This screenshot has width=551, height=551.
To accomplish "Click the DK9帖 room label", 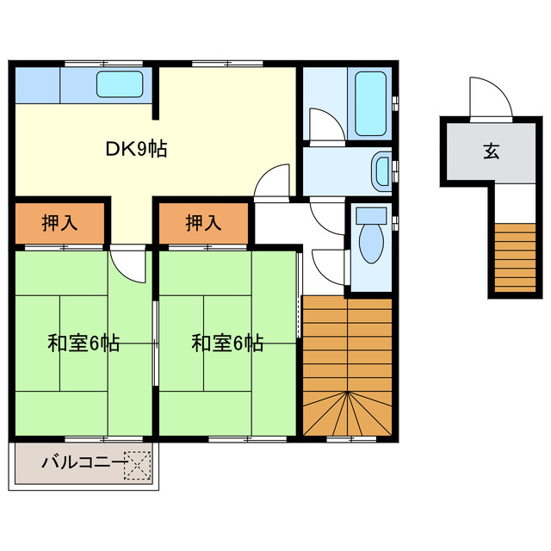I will pos(136,148).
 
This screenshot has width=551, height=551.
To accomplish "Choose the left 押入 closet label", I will pos(59,222).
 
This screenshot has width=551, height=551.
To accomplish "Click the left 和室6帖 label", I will pos(83,343).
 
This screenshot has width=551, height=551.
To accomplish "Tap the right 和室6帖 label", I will pos(227,343).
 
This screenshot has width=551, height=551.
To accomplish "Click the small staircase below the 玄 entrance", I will pos(516,257).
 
